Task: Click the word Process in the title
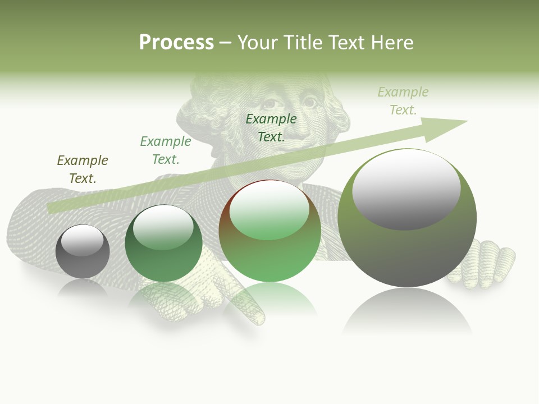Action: (176, 43)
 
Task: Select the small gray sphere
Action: (83, 251)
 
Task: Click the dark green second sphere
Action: (163, 244)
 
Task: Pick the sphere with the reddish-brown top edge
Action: (269, 231)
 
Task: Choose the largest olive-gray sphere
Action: (407, 219)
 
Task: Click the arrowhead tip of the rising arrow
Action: (466, 121)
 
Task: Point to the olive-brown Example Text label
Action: (83, 169)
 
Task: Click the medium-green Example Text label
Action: (166, 150)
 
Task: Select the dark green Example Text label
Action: (271, 127)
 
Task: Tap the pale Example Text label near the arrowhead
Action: (403, 100)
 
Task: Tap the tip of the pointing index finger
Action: (259, 320)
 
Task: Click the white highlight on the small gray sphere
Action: (83, 240)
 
